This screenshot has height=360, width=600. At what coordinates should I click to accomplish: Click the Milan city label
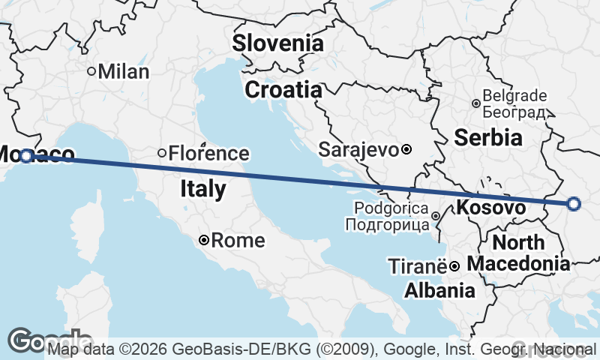(124, 72)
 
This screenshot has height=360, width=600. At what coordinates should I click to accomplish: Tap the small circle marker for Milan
(91, 72)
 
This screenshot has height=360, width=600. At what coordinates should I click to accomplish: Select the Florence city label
(208, 154)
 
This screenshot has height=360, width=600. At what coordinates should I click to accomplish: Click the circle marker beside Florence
(161, 153)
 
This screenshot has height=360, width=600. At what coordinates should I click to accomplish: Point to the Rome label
(238, 241)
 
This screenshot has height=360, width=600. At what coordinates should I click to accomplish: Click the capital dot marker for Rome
(204, 241)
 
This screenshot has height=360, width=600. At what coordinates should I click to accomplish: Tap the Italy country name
(202, 189)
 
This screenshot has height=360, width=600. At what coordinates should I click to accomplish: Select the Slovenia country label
(277, 43)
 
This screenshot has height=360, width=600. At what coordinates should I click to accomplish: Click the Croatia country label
(283, 90)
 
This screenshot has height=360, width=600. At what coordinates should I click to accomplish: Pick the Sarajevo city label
(358, 149)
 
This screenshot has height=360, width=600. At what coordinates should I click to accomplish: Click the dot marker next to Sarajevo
(406, 149)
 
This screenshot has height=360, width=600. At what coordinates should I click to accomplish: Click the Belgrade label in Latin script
(515, 96)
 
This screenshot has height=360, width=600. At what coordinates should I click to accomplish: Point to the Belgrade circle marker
(475, 103)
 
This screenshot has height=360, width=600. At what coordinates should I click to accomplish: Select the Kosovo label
(490, 207)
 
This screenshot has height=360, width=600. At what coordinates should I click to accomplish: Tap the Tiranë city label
(417, 265)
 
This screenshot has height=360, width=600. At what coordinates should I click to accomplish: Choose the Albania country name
(439, 290)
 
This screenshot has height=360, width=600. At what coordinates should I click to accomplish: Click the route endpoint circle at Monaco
(27, 156)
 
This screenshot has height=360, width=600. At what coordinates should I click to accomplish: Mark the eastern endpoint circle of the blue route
(574, 203)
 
